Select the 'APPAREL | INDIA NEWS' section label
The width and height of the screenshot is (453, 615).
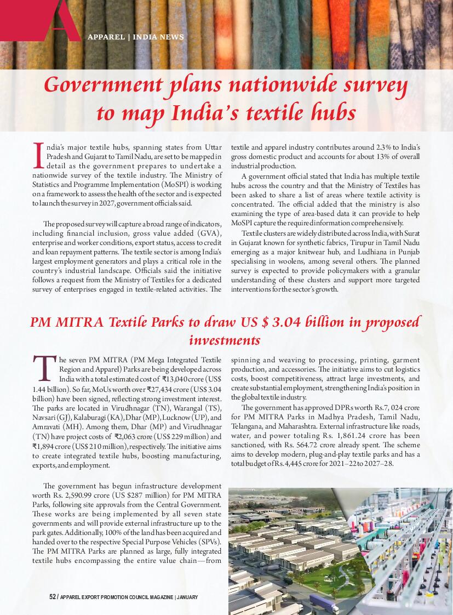point(136,37)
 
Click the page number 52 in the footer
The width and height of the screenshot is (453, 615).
point(53,597)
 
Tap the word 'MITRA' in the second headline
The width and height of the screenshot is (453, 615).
point(82,322)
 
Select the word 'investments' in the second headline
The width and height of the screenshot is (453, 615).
point(225,340)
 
